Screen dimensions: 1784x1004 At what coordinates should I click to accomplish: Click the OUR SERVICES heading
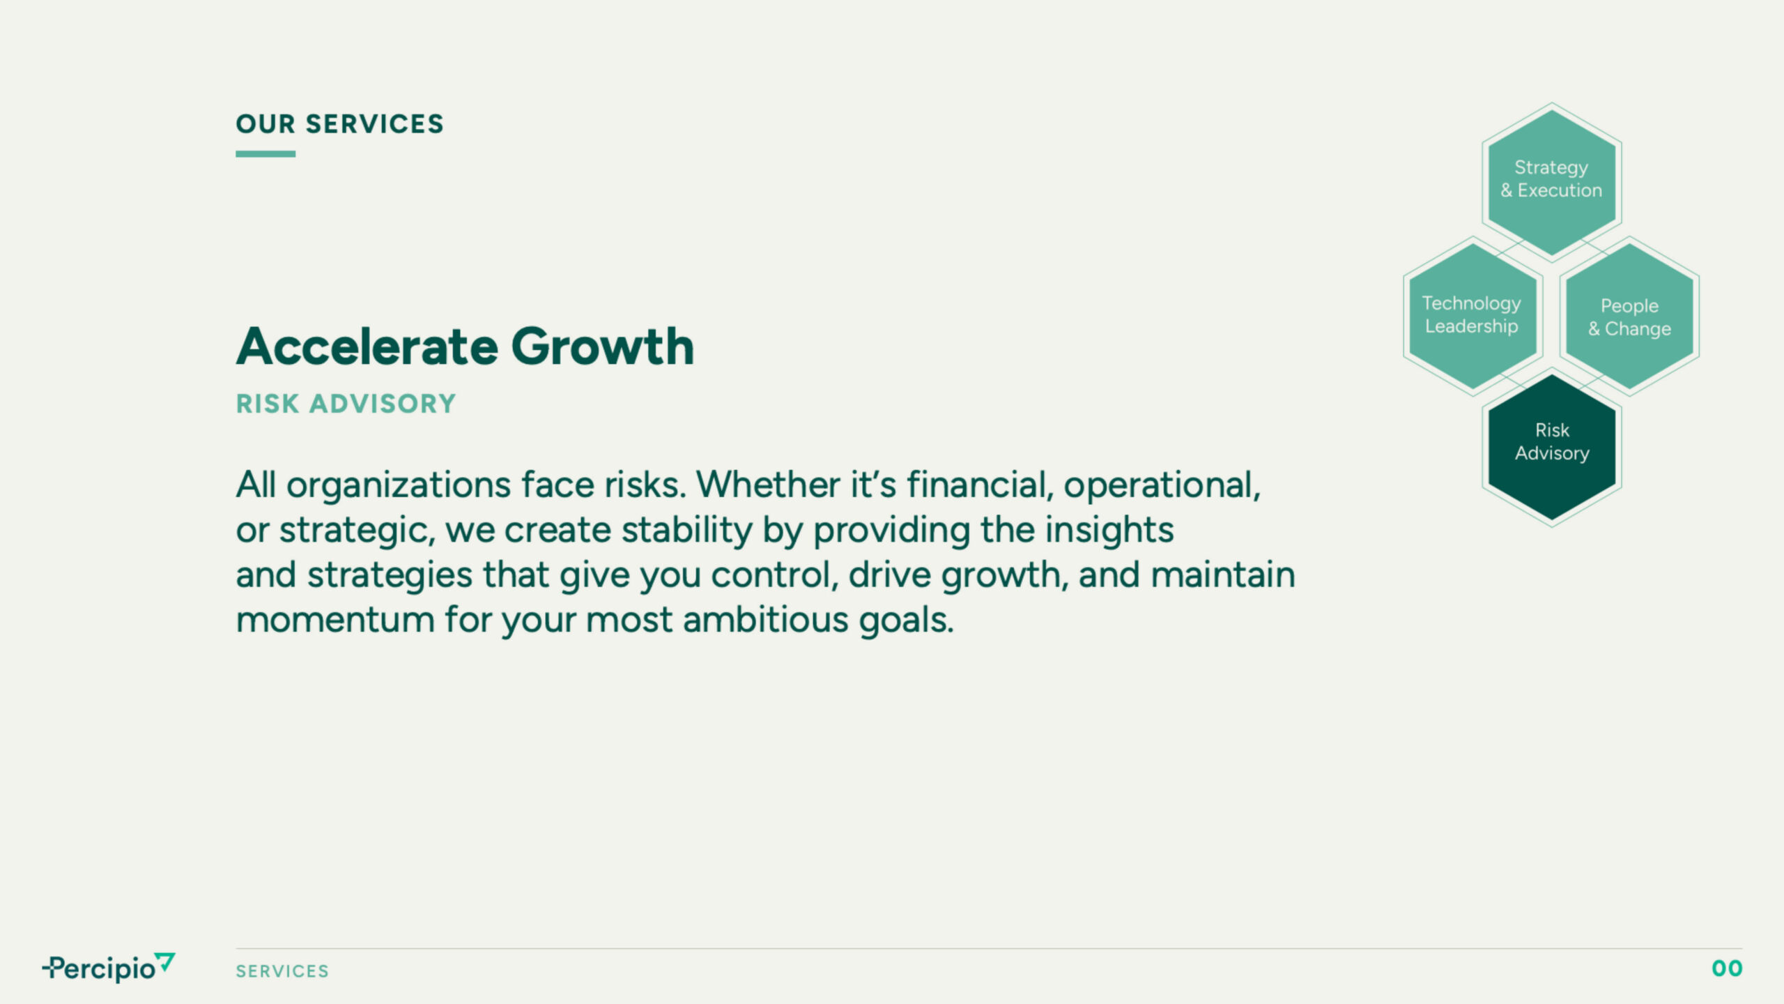click(x=339, y=124)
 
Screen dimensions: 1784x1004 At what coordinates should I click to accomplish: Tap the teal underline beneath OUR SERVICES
click(x=266, y=153)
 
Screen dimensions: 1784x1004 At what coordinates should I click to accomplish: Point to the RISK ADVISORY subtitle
click(x=346, y=404)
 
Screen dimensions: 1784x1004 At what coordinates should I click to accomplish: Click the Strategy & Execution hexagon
click(x=1552, y=182)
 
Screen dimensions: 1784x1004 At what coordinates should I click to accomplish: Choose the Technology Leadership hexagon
click(x=1472, y=316)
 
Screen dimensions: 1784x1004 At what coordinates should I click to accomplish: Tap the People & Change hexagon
click(x=1629, y=316)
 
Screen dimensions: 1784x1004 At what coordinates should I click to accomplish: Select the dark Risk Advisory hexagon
click(x=1552, y=447)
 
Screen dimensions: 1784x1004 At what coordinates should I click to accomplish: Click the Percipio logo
click(x=109, y=967)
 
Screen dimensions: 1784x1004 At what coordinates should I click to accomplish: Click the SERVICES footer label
click(x=282, y=971)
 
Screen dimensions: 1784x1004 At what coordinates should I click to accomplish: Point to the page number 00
click(x=1727, y=968)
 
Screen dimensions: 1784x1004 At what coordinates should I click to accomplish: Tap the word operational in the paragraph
click(x=1162, y=484)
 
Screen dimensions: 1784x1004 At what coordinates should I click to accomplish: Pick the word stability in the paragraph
click(x=687, y=530)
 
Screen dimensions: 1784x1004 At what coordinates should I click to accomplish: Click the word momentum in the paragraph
click(x=335, y=620)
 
